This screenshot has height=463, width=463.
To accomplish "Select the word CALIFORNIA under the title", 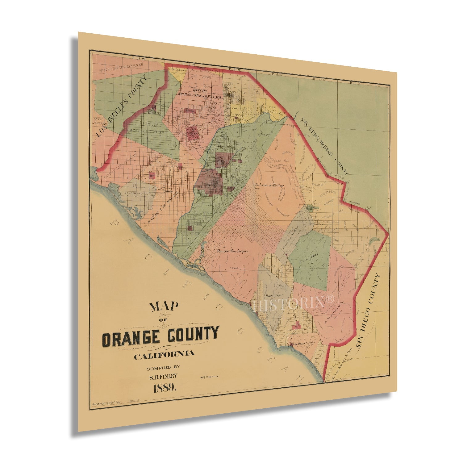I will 164,354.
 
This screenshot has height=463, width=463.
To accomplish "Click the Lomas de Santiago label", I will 269,185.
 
